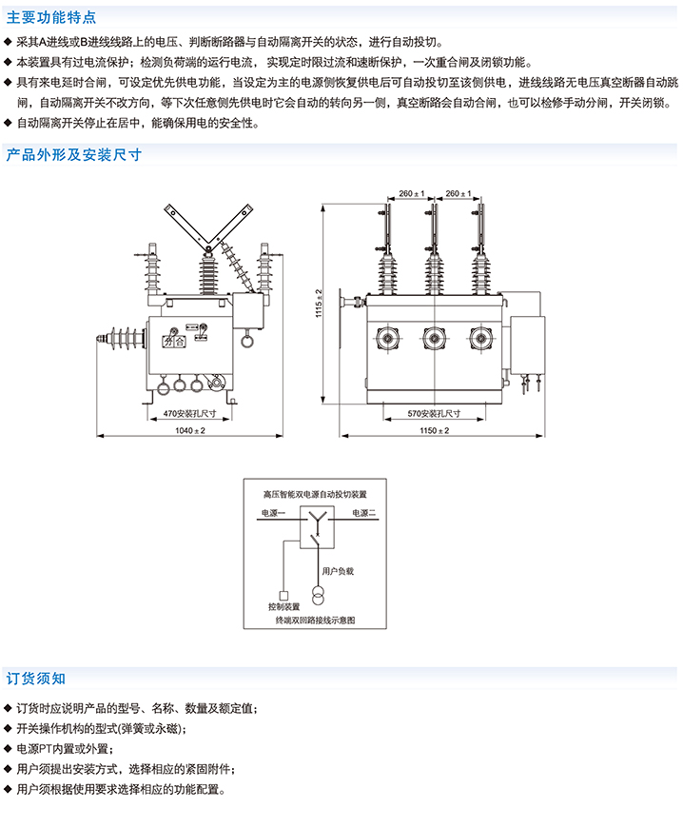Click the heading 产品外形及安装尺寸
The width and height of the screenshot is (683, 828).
74,154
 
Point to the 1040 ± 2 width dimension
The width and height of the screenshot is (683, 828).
191,431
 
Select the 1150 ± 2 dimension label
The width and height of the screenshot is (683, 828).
435,431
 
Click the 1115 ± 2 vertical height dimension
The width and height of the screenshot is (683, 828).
321,304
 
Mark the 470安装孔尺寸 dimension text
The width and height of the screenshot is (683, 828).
191,414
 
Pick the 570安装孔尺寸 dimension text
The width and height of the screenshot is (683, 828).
435,414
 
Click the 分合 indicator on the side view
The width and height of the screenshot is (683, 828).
171,340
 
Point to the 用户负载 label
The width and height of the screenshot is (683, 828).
338,571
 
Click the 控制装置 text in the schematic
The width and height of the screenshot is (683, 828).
283,605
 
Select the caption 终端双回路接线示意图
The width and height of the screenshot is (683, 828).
315,620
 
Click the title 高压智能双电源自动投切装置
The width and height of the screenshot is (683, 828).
315,496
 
